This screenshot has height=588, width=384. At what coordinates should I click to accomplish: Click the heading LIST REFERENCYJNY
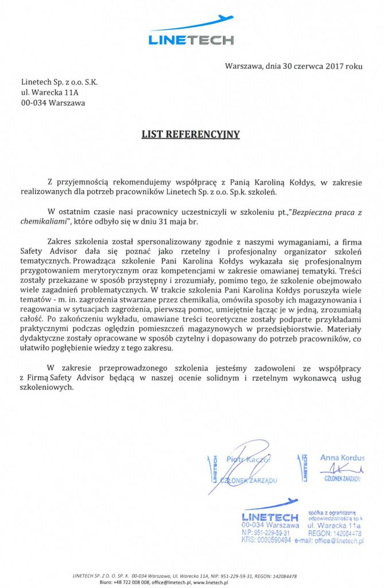(191, 135)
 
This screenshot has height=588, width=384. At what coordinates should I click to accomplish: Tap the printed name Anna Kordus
(342, 458)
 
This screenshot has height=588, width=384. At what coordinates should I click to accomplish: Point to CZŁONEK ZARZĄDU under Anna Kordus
(342, 478)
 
